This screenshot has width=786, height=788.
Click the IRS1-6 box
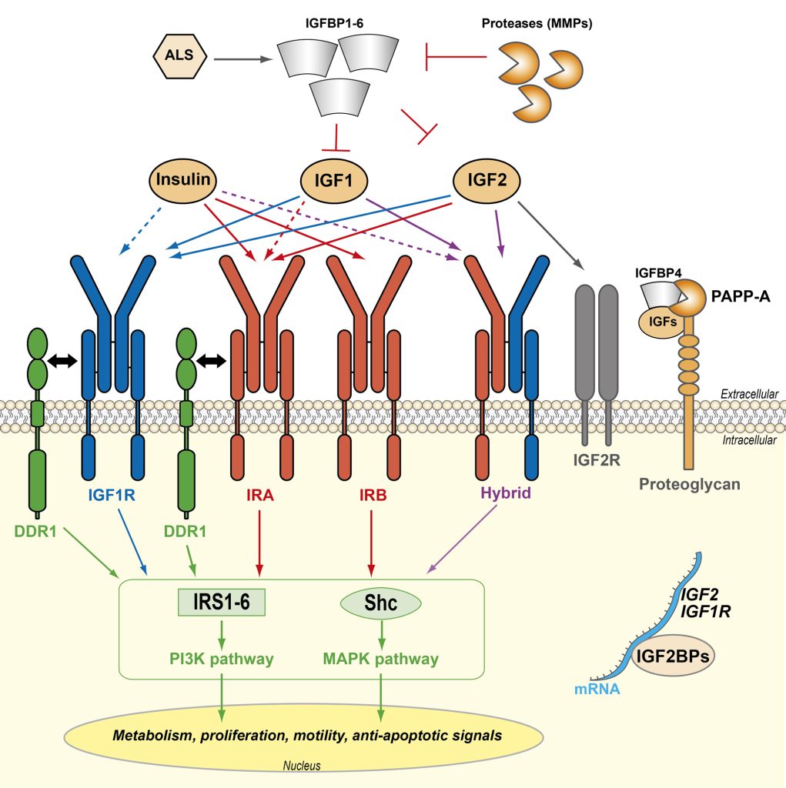[222, 603]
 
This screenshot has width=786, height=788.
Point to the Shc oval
[381, 603]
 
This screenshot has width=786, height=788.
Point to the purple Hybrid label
[500, 496]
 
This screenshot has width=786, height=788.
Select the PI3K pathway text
[222, 659]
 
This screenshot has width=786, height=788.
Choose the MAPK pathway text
[381, 659]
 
